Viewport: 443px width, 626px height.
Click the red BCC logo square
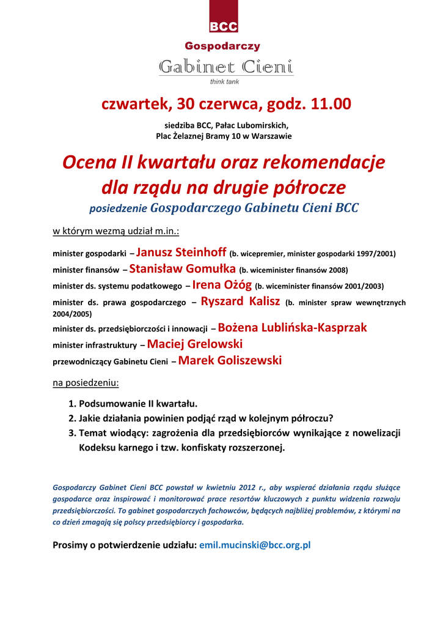coord(223,17)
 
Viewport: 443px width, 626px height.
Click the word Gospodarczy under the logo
coord(222,46)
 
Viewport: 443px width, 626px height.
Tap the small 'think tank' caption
coord(224,81)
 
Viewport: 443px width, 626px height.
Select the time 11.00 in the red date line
coord(331,105)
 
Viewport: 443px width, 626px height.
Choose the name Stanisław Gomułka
coord(183,268)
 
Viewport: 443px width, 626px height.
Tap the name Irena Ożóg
coord(222,284)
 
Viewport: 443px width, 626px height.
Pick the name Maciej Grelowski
coord(195,344)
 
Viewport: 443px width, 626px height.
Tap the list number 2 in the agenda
coord(71,419)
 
